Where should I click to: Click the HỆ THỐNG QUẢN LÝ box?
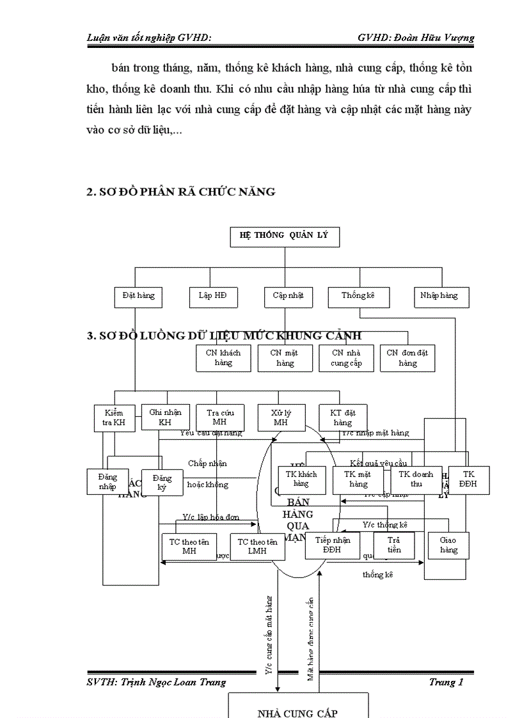[x=284, y=235]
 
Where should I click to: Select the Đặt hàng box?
[x=138, y=296]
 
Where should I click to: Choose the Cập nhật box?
[x=288, y=296]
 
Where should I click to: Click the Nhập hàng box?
[x=439, y=296]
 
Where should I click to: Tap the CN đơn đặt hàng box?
[x=407, y=358]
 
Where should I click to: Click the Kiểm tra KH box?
[x=114, y=418]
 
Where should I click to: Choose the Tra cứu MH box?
[x=219, y=418]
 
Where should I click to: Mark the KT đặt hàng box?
[x=342, y=418]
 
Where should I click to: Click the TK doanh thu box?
[x=416, y=479]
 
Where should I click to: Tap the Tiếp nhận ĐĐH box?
[x=333, y=545]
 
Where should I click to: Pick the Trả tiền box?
[x=394, y=545]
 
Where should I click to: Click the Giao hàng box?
[x=448, y=545]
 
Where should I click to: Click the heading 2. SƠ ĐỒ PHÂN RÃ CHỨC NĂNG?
[x=181, y=192]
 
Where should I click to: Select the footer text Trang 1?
[x=446, y=682]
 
